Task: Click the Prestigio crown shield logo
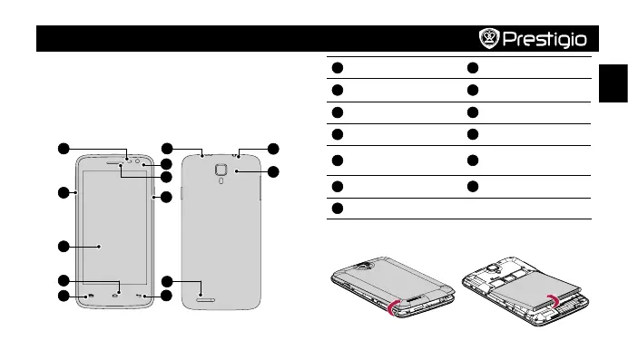(x=489, y=38)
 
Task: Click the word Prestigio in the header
(x=545, y=39)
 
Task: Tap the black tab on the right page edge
(x=613, y=83)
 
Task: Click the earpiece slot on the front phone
(x=114, y=163)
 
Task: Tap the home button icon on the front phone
(x=115, y=296)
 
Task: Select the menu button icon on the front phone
(x=91, y=296)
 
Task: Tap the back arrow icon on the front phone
(x=139, y=296)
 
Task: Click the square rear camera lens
(x=221, y=170)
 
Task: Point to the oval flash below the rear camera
(x=221, y=180)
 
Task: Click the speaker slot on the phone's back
(x=206, y=300)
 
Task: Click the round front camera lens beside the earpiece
(x=137, y=161)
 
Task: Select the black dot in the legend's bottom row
(x=338, y=209)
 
